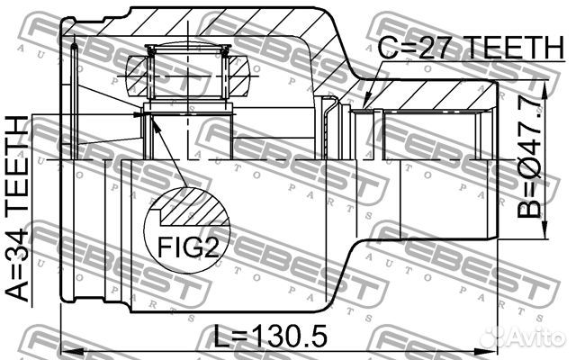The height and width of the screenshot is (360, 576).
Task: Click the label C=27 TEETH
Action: [471, 48]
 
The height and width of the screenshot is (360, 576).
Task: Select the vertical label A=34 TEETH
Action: [17, 209]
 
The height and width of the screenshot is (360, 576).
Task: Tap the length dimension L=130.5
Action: [270, 336]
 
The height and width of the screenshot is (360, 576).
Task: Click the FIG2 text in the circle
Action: [188, 247]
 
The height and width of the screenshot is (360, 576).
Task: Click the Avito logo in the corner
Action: [523, 335]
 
